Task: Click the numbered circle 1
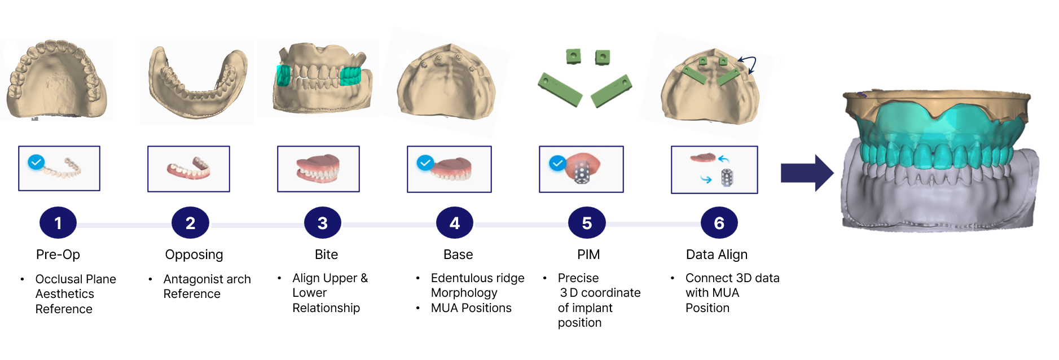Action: (x=58, y=223)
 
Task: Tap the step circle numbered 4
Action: (x=455, y=223)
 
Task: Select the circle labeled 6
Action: (x=719, y=223)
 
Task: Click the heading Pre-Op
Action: (x=58, y=254)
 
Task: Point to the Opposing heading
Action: (x=194, y=254)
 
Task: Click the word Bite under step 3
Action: (x=326, y=254)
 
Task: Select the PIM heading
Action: (x=588, y=254)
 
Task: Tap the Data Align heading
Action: (x=717, y=254)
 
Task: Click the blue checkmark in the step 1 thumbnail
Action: (x=36, y=163)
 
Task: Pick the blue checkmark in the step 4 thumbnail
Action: (x=425, y=163)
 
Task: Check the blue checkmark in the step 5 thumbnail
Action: (x=557, y=164)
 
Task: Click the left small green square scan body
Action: (x=573, y=56)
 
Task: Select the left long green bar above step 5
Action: (x=560, y=89)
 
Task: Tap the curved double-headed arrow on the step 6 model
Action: (x=748, y=63)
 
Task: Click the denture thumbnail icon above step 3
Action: (x=318, y=169)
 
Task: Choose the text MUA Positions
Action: (x=471, y=308)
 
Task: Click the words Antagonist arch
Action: (x=206, y=279)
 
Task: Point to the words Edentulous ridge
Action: (x=477, y=278)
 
